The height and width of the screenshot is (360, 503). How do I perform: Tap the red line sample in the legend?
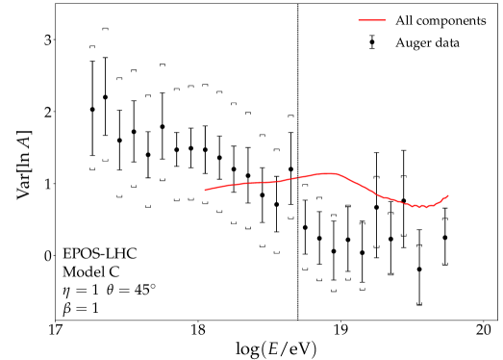[372, 19]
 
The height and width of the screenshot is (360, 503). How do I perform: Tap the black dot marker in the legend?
[372, 43]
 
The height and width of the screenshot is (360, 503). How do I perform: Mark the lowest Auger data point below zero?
[419, 270]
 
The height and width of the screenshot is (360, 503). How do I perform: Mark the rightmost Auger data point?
[444, 237]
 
